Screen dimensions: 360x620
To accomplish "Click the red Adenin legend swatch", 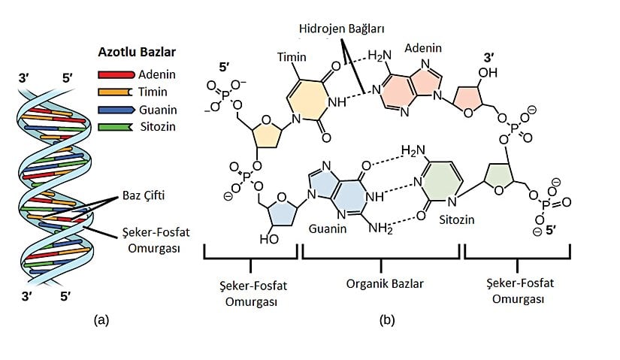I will tap(115, 74).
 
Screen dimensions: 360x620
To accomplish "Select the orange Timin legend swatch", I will tap(115, 92).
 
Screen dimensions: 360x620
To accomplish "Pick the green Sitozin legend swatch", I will tap(115, 126).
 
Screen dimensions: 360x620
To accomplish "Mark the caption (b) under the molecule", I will tap(387, 319).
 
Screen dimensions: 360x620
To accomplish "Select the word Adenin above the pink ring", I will tap(421, 46).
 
